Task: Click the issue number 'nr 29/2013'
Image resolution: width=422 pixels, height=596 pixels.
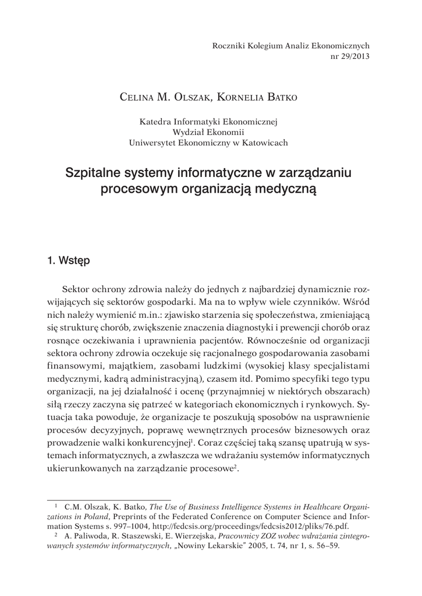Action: [349, 56]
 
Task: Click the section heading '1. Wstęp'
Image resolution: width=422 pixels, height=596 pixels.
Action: [68, 261]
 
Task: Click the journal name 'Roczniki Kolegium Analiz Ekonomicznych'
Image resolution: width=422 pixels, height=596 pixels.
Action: [291, 46]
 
